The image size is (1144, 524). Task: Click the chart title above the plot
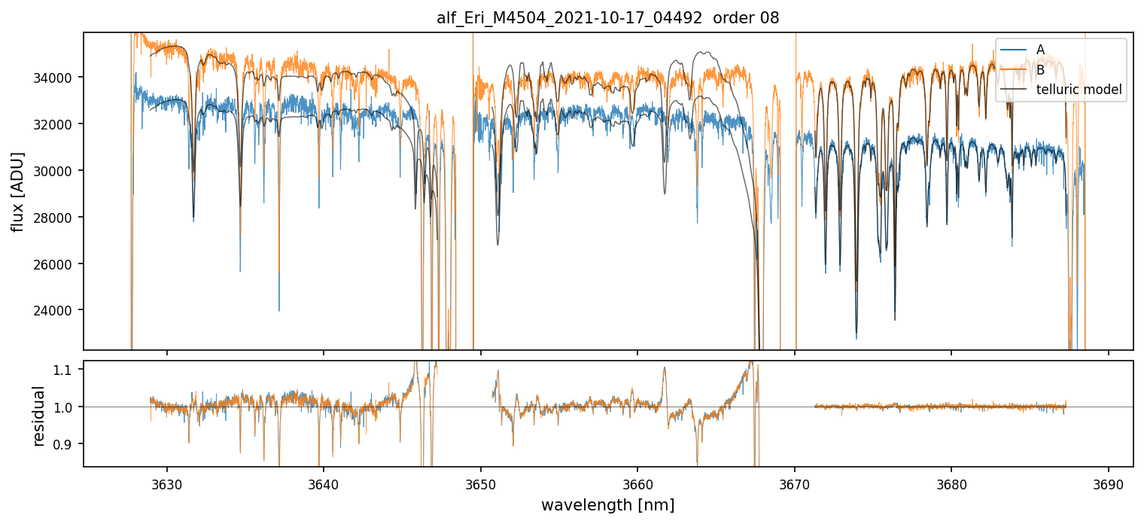tap(607, 18)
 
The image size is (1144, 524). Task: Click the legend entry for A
tap(1040, 50)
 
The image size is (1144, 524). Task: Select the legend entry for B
tap(1040, 70)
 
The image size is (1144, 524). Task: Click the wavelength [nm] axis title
tap(607, 504)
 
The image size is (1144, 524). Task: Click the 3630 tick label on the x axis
tap(167, 482)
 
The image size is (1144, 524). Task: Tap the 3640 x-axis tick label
tap(324, 482)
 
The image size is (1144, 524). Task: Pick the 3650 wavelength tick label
tap(481, 482)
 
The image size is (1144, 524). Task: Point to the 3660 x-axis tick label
tap(637, 482)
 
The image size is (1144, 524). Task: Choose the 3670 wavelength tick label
tap(795, 482)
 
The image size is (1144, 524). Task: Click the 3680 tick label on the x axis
tap(951, 482)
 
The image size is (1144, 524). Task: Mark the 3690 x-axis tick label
tap(1108, 482)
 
